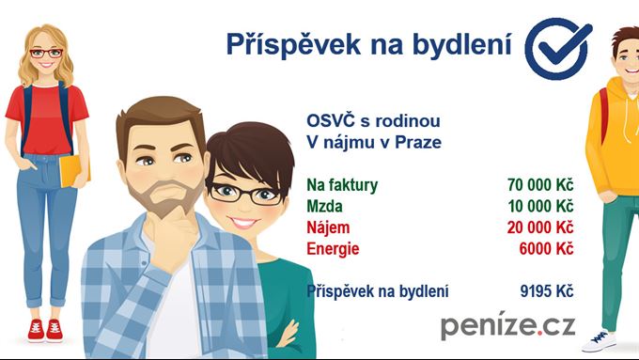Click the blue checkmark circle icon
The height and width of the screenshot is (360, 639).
coord(557,47)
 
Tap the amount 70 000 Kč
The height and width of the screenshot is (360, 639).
coord(539,184)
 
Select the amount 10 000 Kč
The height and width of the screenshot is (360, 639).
coord(539,206)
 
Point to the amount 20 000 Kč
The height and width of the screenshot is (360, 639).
coord(539,227)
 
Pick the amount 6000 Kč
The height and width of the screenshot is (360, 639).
coord(546,249)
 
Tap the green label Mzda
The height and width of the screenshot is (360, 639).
coord(325,206)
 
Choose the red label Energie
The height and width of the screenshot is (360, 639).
coord(334,249)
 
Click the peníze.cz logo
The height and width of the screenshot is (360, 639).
coord(507,326)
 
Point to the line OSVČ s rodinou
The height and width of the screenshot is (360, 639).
coord(373,121)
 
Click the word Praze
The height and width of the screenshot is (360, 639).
coord(418,143)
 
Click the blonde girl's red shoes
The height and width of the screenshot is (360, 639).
coord(45,329)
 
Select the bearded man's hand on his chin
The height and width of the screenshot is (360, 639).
coord(179,226)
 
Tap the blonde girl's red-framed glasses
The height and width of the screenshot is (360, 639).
coord(46,53)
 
